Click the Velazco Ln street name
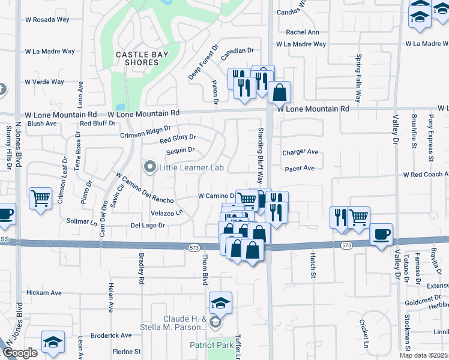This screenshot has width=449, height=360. pos(166,213)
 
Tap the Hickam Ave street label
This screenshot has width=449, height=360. pos(44,293)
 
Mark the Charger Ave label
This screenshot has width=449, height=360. pos(300,152)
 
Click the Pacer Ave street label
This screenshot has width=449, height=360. pos(300,169)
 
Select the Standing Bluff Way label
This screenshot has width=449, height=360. pos(261,155)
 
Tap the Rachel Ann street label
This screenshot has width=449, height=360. pos(303,32)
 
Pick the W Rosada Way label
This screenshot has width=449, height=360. pos(47,19)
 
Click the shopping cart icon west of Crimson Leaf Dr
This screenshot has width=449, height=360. pos(40,197)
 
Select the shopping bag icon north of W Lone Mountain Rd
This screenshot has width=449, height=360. pos(280,92)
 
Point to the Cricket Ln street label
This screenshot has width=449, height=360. pos(364,332)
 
